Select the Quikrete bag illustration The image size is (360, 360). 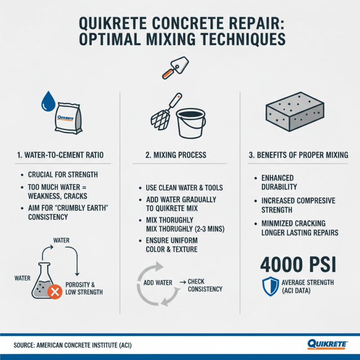point(68,118)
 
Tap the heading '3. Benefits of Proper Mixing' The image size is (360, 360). point(298,155)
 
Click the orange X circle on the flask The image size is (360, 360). point(54,293)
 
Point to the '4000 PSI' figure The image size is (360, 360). point(298,265)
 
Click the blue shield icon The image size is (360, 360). point(270,287)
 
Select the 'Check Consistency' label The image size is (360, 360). point(205,285)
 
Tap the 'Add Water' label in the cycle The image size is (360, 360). point(157,283)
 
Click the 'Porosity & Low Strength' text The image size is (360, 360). point(84,288)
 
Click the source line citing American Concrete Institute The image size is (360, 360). point(73,345)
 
